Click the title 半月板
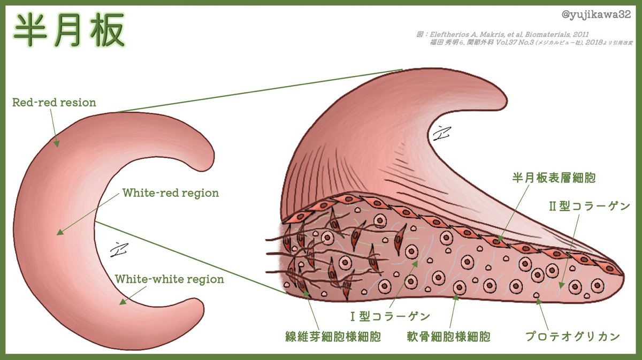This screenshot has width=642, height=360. point(69,31)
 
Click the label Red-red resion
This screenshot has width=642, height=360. point(54,102)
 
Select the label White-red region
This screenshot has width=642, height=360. point(171,193)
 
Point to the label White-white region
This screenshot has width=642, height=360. point(170,279)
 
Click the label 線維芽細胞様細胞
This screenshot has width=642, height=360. point(333,337)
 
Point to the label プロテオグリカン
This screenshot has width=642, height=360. point(572,337)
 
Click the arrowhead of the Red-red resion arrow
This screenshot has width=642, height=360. point(57,145)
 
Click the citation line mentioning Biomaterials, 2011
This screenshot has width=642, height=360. point(503,34)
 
